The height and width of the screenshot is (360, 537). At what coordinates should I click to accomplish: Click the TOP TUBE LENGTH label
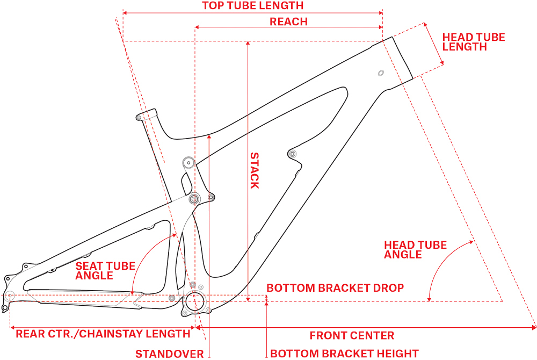252,6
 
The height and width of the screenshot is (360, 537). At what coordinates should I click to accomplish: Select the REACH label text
288,21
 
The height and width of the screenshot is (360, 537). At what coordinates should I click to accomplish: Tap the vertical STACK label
255,170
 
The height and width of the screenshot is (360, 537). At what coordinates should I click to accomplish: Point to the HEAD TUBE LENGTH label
474,42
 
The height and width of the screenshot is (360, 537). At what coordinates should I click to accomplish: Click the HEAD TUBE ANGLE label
415,250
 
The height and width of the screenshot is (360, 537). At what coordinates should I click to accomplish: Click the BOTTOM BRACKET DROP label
335,288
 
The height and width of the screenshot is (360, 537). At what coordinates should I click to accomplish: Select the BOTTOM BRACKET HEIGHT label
344,354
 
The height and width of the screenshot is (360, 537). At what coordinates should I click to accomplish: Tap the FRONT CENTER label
352,336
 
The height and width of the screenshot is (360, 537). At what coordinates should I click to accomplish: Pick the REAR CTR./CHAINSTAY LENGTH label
103,334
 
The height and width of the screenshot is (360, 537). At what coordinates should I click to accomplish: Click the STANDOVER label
169,354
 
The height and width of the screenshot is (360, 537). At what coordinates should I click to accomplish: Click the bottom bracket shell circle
195,302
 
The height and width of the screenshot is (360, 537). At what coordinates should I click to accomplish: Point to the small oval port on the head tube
380,73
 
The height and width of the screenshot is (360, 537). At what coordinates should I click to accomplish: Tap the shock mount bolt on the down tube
293,154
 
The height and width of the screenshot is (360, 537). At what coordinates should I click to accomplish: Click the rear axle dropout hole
9,294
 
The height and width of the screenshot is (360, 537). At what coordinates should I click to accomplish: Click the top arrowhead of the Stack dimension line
248,44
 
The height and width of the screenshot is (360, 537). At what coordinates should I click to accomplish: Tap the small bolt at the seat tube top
139,117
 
